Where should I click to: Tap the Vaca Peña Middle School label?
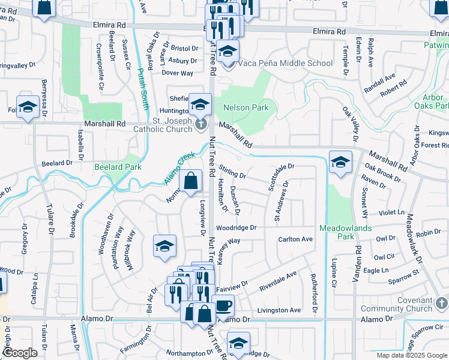[285, 63]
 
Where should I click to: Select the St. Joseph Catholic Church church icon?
[201, 123]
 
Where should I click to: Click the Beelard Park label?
[118, 166]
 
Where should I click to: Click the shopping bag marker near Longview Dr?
[190, 181]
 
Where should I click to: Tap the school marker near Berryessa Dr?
[28, 107]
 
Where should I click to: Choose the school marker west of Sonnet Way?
[340, 162]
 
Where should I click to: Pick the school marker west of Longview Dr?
[164, 246]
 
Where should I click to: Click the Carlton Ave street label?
[295, 239]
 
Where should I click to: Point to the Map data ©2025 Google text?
[412, 355]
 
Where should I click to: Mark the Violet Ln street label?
[393, 212]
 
